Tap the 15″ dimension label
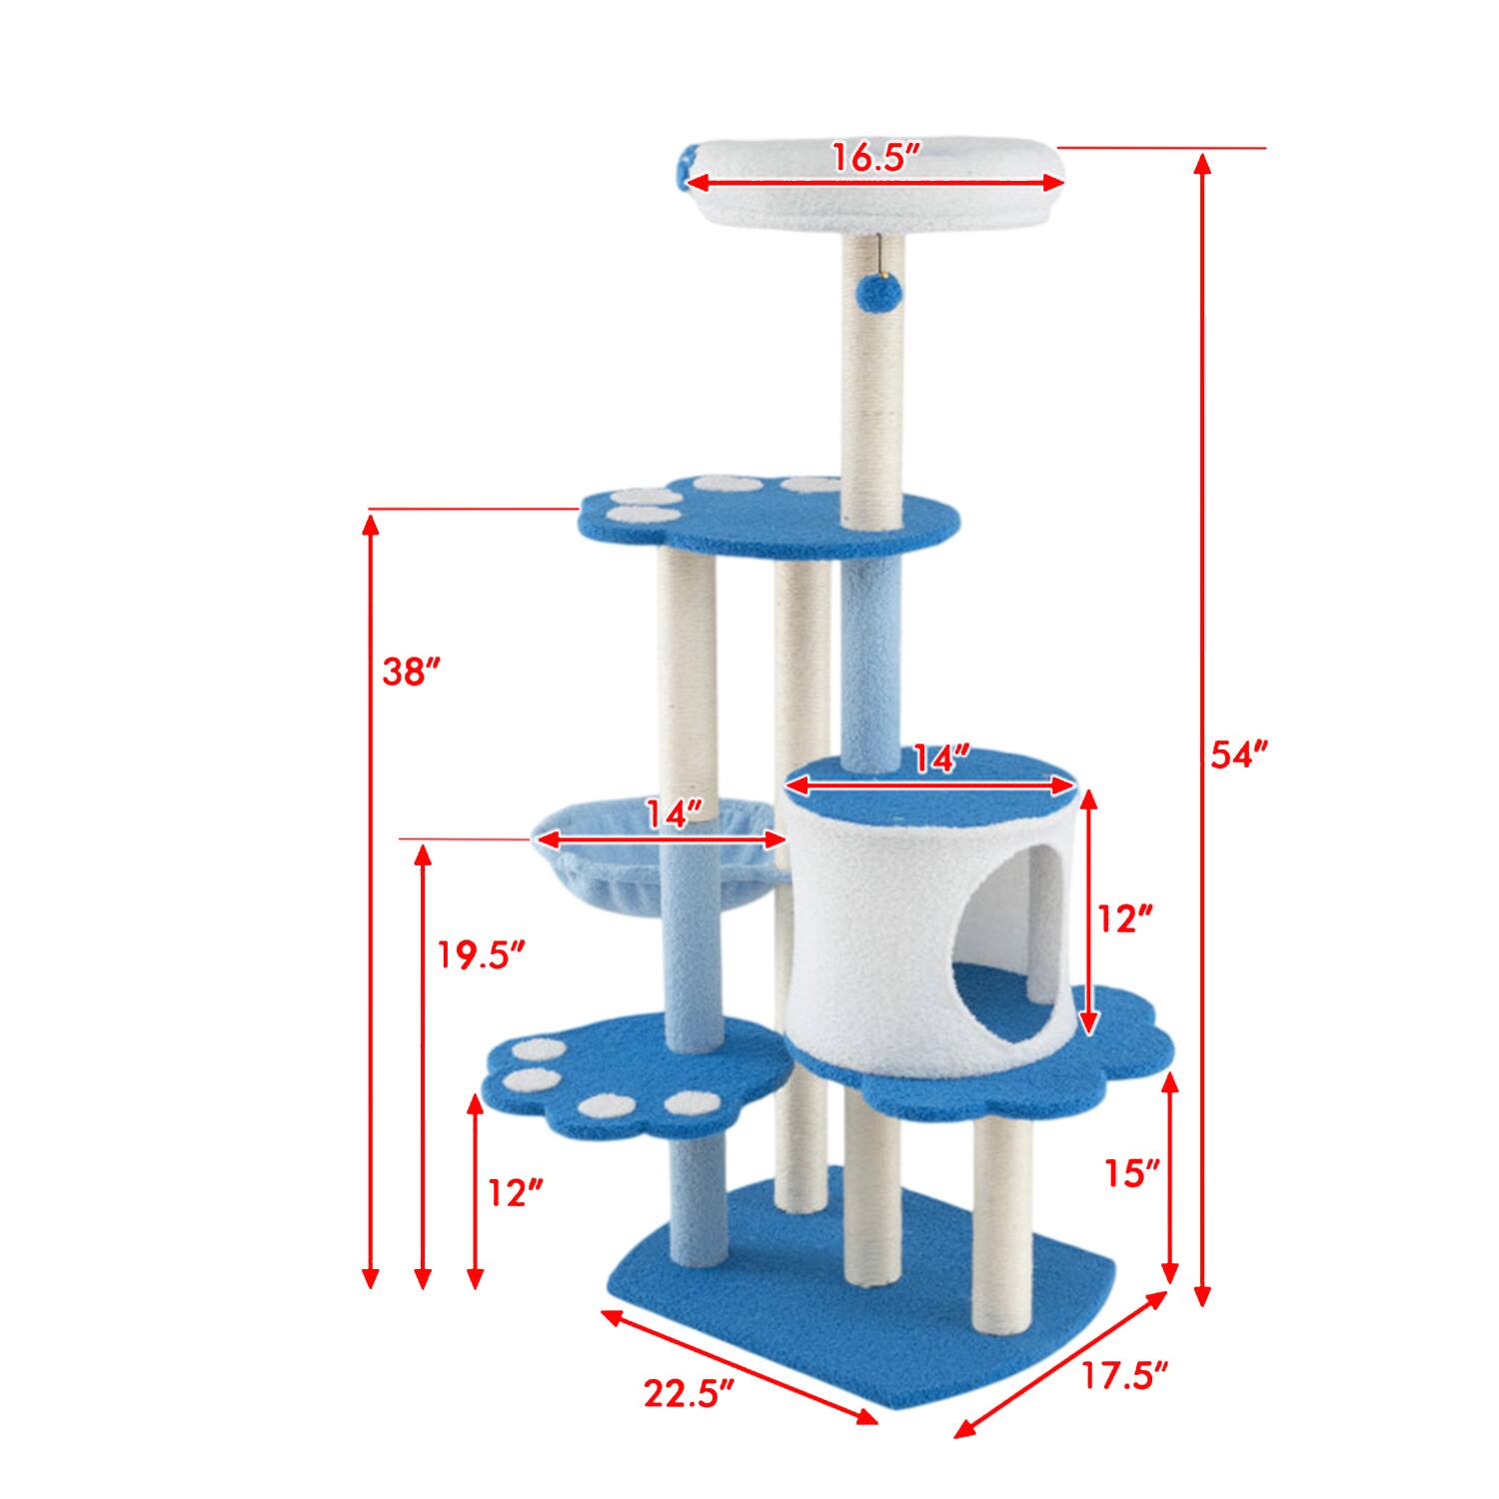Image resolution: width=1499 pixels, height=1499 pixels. tap(1130, 1173)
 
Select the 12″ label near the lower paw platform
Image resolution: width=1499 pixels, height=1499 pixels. tap(516, 1192)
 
